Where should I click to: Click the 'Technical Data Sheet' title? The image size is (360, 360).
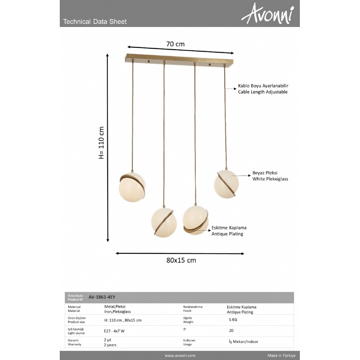coord(95,22)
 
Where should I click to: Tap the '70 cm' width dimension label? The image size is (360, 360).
coord(175,44)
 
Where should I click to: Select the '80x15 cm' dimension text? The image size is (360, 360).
coord(181,260)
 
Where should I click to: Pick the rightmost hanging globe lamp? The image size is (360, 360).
coord(227,184)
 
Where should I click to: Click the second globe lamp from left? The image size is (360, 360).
coord(164,221)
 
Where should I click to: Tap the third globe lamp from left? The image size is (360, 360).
coord(195,220)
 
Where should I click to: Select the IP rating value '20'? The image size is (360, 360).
coord(231,330)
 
